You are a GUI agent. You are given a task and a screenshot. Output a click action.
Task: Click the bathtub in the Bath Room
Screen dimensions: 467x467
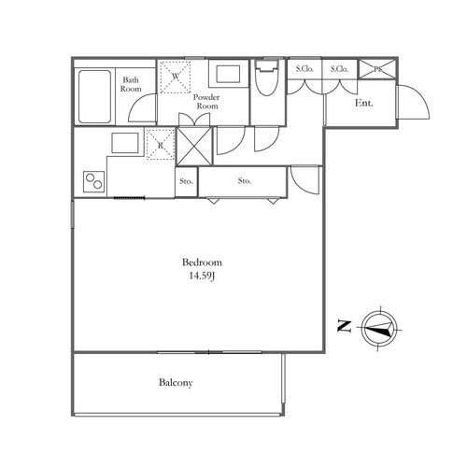click(x=94, y=96)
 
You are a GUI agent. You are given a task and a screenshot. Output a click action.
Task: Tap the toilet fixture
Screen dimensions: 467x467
click(x=266, y=78)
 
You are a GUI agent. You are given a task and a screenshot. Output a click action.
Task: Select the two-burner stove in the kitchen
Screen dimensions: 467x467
click(x=94, y=181)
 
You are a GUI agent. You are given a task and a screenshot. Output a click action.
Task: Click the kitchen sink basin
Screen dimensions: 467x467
click(x=125, y=143)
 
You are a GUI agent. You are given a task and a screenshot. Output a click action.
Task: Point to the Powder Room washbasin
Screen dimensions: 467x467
click(x=228, y=74)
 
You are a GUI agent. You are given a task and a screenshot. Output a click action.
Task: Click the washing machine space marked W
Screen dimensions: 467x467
click(x=175, y=78)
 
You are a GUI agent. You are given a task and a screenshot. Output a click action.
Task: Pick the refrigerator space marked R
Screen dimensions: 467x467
click(x=161, y=145)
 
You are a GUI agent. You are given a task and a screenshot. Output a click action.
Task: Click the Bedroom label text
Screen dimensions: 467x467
click(x=202, y=262)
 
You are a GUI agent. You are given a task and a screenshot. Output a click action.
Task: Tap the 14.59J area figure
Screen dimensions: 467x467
click(x=202, y=276)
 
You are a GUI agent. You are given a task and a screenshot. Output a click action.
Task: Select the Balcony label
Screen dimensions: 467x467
click(x=176, y=383)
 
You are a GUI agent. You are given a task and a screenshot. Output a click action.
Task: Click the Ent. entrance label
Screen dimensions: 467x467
click(x=364, y=103)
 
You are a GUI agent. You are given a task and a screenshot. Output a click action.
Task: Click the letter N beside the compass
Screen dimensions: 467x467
click(x=345, y=326)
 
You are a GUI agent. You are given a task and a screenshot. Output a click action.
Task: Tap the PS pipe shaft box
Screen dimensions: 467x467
click(x=378, y=69)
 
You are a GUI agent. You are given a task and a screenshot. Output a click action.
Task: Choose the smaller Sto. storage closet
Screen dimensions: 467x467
click(x=186, y=181)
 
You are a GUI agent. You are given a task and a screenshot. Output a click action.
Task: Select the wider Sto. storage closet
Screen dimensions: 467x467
click(x=243, y=181)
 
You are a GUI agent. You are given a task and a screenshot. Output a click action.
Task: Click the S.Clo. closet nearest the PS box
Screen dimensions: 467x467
click(x=339, y=69)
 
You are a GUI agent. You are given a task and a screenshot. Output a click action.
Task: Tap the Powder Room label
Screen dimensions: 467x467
click(x=206, y=102)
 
